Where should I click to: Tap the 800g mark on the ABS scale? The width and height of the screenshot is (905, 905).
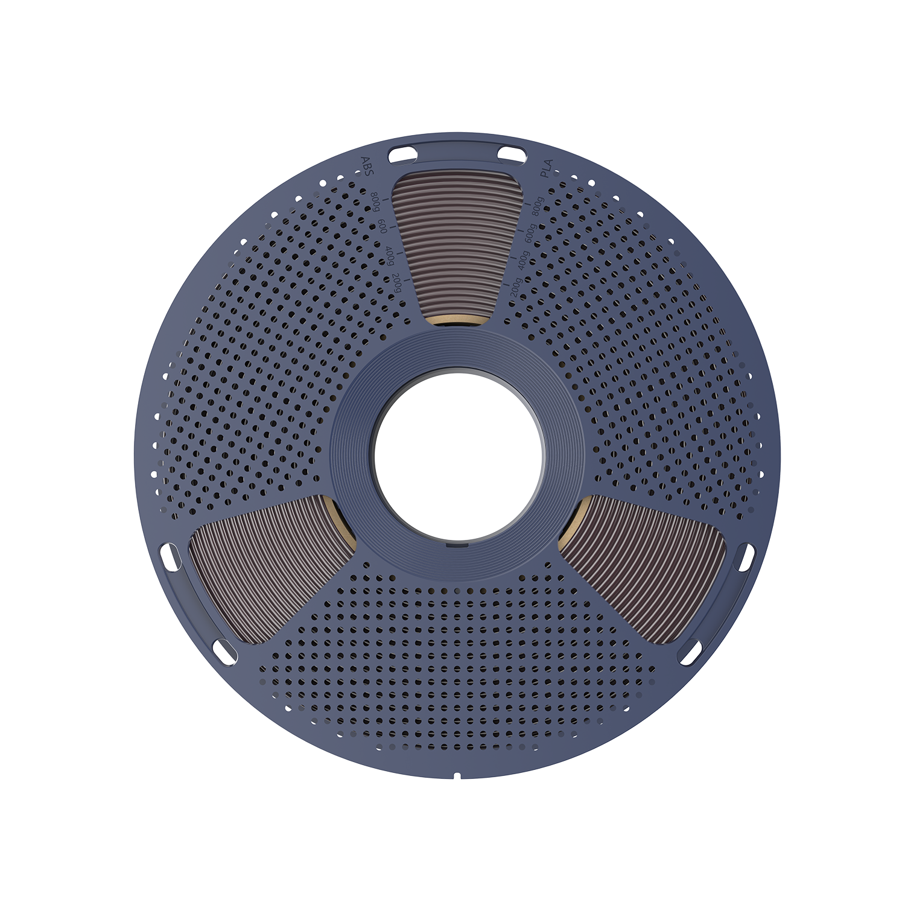(x=375, y=200)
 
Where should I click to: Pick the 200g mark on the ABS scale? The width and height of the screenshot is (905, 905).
(x=397, y=282)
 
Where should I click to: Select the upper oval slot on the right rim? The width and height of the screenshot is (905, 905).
(x=746, y=556)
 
